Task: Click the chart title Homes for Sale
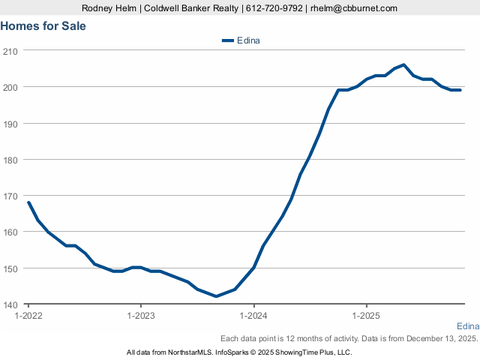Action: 43,25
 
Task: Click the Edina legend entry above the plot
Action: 241,40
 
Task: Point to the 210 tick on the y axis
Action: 11,50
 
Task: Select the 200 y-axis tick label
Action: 11,87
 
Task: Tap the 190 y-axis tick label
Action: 11,123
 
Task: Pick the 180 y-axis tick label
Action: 11,159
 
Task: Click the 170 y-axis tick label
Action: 11,196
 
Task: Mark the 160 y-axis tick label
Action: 11,232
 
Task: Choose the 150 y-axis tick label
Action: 11,268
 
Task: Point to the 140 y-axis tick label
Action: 11,304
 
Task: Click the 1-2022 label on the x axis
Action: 28,316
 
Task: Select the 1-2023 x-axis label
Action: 141,316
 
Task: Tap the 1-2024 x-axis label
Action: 253,316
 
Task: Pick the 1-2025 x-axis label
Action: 366,316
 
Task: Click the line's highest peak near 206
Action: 403,64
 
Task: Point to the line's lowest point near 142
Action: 216,296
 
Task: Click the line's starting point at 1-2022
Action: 28,202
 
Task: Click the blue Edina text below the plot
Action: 467,325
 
